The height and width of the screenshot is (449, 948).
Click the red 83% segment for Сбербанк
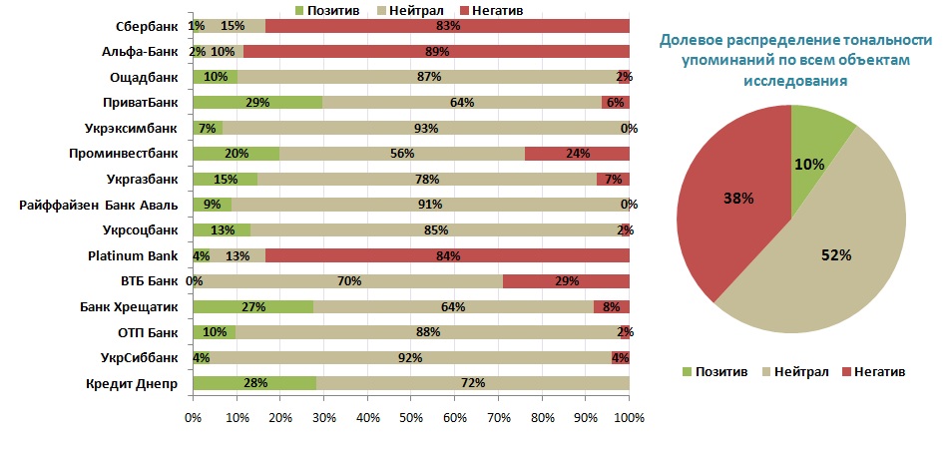pos(447,25)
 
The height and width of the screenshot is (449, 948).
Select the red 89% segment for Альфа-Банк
pos(435,51)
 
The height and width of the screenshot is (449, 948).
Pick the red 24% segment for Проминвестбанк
pos(577,154)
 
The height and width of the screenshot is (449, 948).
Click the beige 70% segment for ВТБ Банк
pos(348,281)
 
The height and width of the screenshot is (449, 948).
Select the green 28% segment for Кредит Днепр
pos(254,383)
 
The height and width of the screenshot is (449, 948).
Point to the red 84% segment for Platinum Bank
pos(447,255)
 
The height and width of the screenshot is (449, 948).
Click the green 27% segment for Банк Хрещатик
pos(252,306)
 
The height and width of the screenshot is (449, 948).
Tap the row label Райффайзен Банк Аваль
pos(99,206)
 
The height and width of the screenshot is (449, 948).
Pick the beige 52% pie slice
pos(828,259)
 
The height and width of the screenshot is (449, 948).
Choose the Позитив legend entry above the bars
pos(328,9)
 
